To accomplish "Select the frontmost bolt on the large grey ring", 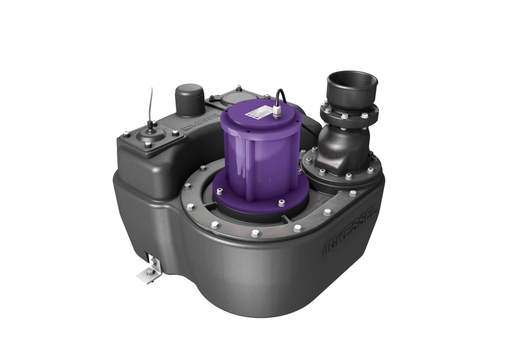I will (255, 233).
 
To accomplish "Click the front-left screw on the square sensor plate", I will (147, 144).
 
